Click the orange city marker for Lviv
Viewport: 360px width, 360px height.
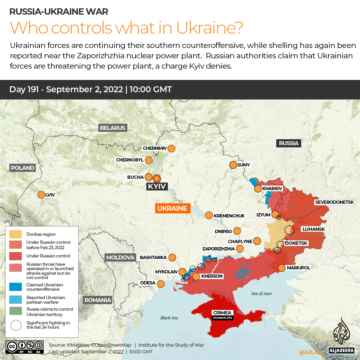click(x=41, y=194)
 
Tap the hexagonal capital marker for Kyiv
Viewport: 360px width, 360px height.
click(x=157, y=178)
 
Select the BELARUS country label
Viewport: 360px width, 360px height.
click(x=113, y=128)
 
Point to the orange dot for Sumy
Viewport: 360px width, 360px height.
click(x=233, y=165)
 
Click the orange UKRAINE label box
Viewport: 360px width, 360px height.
click(x=172, y=208)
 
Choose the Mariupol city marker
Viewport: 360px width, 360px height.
click(x=281, y=268)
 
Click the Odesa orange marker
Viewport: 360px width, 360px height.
click(x=161, y=284)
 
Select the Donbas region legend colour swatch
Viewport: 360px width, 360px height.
click(x=16, y=234)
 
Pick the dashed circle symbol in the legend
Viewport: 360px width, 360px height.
click(x=16, y=325)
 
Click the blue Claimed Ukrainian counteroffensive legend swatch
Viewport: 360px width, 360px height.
click(x=16, y=287)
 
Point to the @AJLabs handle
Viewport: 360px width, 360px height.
click(x=311, y=352)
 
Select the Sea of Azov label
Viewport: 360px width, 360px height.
click(x=261, y=293)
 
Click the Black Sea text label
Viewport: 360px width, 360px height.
click(x=169, y=318)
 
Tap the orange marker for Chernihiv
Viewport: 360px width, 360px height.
click(x=172, y=148)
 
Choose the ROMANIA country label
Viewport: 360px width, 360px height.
click(x=98, y=300)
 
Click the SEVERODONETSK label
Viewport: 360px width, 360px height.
click(x=337, y=202)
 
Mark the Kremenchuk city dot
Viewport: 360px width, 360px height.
click(x=209, y=215)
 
